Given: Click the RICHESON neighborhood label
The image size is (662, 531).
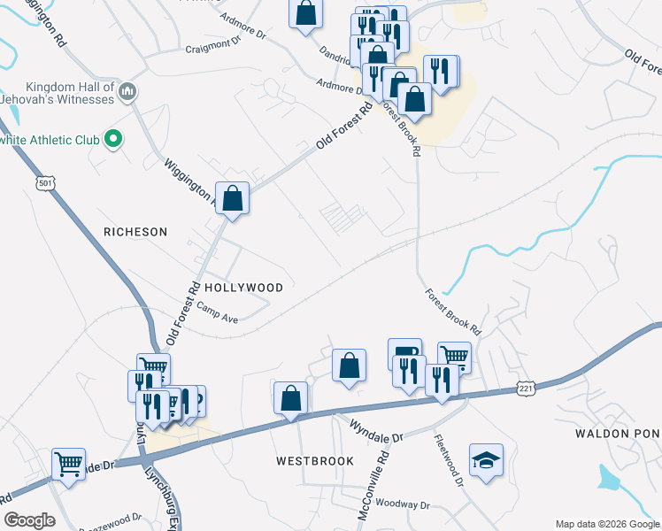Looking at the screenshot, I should click(x=135, y=232).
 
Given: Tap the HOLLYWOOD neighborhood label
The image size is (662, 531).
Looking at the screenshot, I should click(x=243, y=288).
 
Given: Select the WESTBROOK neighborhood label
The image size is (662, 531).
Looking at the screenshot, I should click(x=314, y=461).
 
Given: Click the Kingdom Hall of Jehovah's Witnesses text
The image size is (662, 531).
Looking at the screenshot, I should click(x=71, y=93).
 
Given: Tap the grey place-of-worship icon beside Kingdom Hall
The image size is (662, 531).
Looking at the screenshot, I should click(x=127, y=90).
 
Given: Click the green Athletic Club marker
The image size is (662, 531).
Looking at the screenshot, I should click(x=112, y=139).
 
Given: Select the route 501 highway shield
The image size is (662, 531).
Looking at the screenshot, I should click(x=46, y=183).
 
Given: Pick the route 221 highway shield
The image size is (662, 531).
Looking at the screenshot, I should click(x=526, y=388).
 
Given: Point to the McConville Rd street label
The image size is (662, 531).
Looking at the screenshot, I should click(x=385, y=473).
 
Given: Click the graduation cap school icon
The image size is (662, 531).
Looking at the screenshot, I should click(x=486, y=459).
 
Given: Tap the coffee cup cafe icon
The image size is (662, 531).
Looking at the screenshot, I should click(x=404, y=352).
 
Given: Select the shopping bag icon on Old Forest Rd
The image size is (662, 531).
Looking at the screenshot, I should click(x=233, y=198).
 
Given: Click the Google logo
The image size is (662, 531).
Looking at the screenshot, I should click(x=28, y=520).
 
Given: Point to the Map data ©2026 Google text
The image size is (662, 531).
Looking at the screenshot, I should click(x=607, y=524).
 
